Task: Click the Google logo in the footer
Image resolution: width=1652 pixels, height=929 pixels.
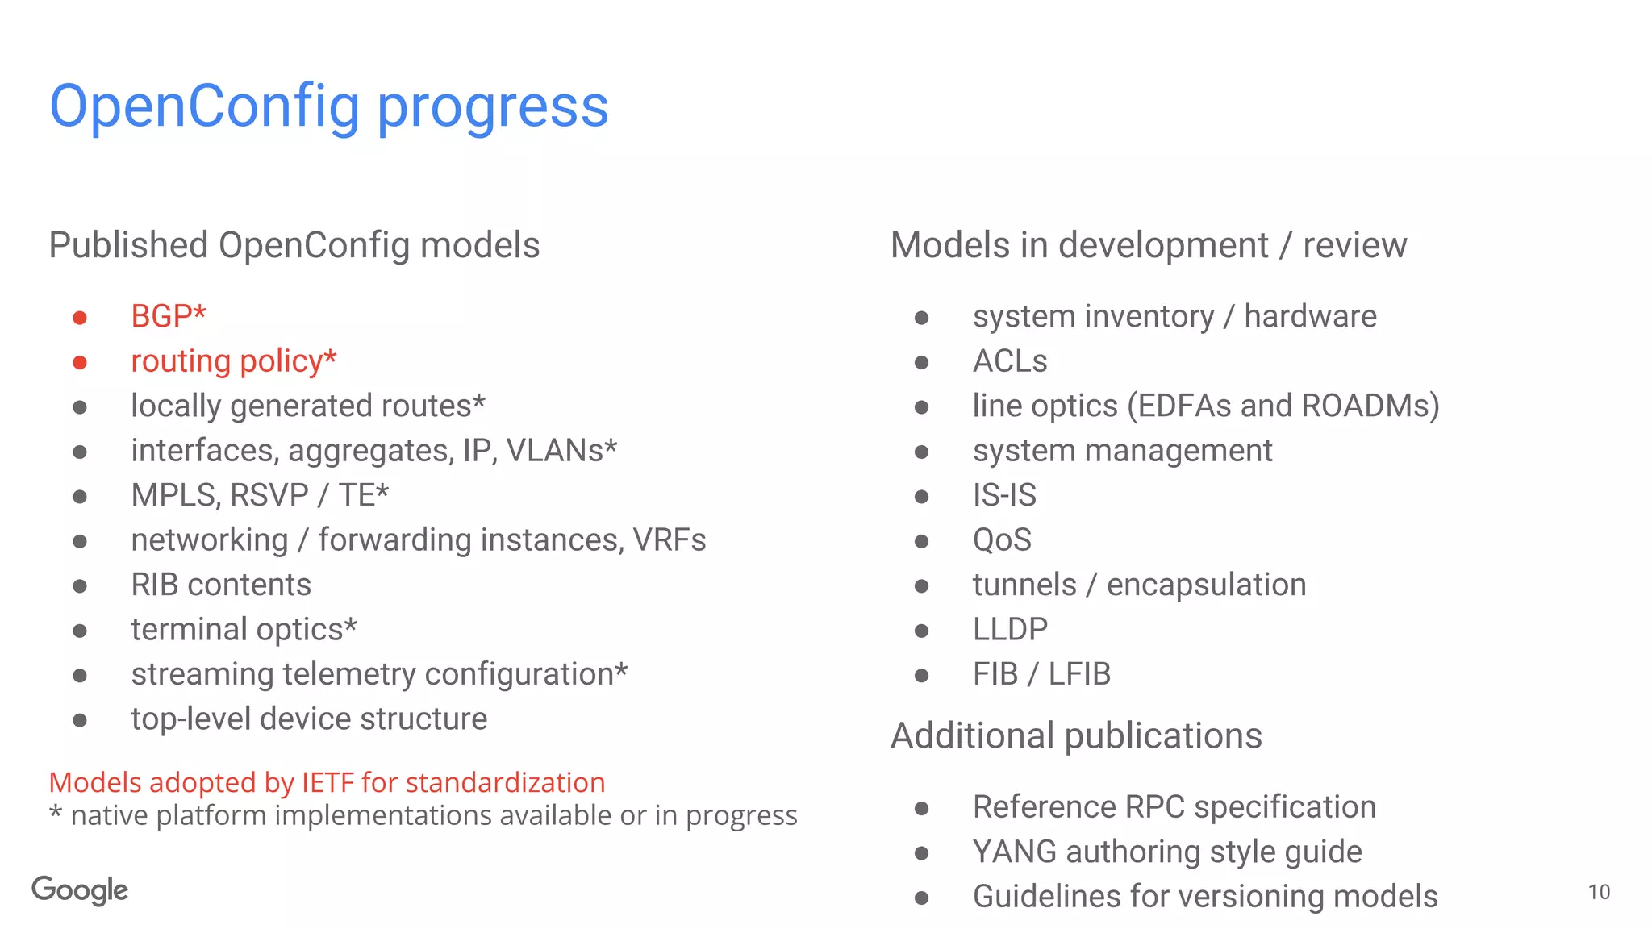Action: point(80,889)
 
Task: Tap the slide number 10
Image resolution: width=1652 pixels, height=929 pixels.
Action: point(1598,892)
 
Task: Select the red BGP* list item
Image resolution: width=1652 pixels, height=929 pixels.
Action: point(169,316)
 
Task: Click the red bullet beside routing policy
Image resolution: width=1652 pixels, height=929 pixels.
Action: point(80,363)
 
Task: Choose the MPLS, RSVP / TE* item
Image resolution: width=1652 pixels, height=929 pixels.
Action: point(260,495)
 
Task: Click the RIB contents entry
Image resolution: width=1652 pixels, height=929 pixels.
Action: point(221,585)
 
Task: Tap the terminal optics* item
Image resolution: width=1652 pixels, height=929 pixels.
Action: point(244,629)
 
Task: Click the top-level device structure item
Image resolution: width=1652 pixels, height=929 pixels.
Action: point(309,719)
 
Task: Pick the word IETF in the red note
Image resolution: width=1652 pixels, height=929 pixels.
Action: point(327,782)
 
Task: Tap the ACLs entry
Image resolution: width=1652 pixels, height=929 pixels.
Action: point(1010,361)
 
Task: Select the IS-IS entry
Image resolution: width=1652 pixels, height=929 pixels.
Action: point(1004,495)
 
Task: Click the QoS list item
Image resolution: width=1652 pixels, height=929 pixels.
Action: point(1002,540)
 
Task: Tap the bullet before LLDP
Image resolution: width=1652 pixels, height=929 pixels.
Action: point(921,631)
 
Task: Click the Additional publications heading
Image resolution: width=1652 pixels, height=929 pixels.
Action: point(1076,735)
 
